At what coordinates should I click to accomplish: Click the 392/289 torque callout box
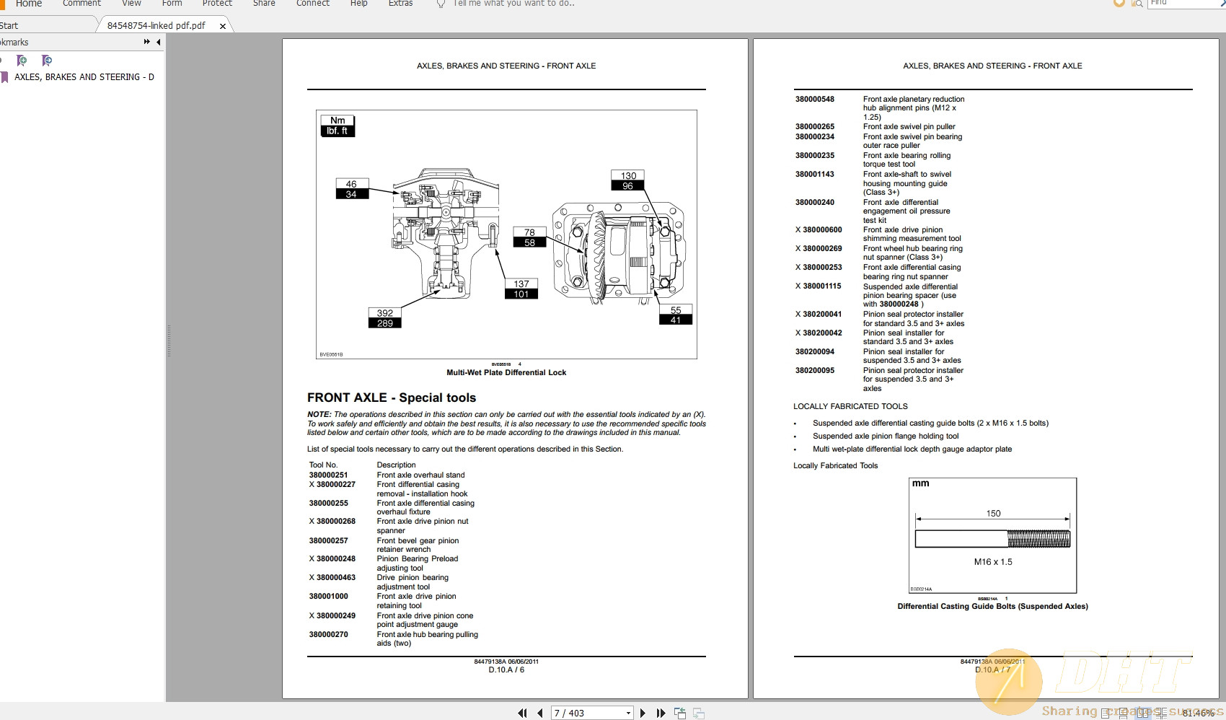[x=384, y=318]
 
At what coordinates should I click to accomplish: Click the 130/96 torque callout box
[x=628, y=180]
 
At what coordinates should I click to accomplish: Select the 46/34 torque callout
[x=351, y=189]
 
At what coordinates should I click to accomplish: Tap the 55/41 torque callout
[x=675, y=315]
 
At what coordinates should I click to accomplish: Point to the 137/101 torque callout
[x=521, y=289]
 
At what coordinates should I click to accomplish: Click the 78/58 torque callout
[x=529, y=237]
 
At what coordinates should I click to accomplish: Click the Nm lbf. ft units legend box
[x=337, y=126]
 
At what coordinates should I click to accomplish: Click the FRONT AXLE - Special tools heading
[x=392, y=398]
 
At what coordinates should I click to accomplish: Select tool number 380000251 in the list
[x=328, y=475]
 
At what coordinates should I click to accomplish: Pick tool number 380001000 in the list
[x=328, y=596]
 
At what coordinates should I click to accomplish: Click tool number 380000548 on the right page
[x=814, y=99]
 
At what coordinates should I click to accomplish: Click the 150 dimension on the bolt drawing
[x=993, y=513]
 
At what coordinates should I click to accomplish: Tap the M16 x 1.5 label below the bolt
[x=993, y=561]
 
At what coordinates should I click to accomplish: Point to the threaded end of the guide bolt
[x=1038, y=539]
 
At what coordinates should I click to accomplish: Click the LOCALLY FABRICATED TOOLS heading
[x=850, y=406]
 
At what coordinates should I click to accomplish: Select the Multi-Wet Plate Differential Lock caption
[x=506, y=372]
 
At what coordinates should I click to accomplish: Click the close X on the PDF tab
[x=223, y=26]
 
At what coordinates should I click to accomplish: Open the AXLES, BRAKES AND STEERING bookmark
[x=84, y=76]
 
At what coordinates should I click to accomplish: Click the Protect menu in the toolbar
[x=217, y=4]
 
